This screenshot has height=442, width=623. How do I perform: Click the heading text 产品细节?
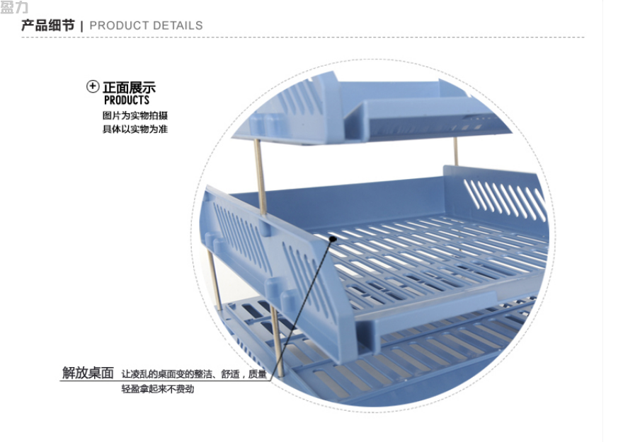tap(48, 25)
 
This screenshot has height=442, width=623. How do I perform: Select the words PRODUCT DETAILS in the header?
tap(146, 25)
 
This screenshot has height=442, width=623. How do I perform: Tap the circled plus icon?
tap(93, 86)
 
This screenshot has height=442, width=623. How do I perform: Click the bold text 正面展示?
tap(129, 87)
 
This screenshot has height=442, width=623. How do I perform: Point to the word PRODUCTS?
tap(127, 100)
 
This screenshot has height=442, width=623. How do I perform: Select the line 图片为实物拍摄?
tap(135, 115)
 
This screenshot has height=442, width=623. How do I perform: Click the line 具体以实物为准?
tap(135, 129)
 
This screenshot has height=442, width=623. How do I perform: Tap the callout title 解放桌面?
tap(88, 373)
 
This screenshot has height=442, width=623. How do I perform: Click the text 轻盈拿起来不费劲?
tap(158, 389)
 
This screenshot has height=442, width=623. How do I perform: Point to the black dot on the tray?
tap(333, 238)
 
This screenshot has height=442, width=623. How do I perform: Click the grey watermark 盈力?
tap(14, 7)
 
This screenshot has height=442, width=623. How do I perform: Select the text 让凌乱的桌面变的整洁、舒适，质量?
tap(194, 374)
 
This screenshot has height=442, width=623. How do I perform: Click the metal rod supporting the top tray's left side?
tap(261, 178)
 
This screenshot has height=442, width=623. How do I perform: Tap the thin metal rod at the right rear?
tap(456, 151)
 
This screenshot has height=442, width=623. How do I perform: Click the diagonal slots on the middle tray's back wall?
tap(505, 199)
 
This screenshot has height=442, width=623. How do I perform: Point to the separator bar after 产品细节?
tap(82, 26)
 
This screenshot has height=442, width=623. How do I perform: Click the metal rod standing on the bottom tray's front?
tap(277, 341)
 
